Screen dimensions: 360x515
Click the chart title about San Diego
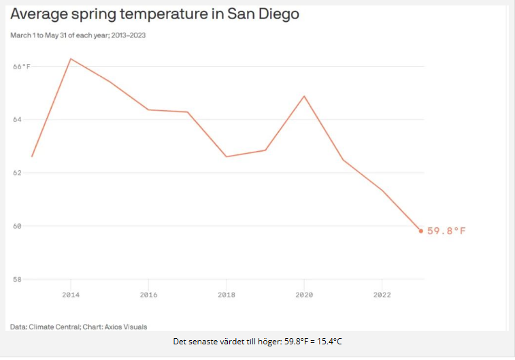(155, 14)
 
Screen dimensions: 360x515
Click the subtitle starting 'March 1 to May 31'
(78, 35)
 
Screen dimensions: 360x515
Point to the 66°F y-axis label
(22, 66)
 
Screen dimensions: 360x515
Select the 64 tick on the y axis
(18, 119)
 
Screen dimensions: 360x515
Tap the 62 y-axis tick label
(18, 172)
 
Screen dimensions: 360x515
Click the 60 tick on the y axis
(18, 226)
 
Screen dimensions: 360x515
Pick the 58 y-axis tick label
(18, 279)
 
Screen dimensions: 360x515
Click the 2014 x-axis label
(71, 295)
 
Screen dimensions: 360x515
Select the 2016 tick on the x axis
(148, 295)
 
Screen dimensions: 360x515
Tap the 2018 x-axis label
(227, 295)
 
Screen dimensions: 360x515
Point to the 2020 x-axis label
(304, 295)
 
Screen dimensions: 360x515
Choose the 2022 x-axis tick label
(382, 295)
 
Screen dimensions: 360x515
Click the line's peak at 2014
(71, 59)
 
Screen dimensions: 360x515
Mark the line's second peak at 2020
(304, 96)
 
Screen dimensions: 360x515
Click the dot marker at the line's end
(421, 231)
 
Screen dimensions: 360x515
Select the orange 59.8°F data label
(446, 231)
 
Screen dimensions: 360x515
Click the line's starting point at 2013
(32, 157)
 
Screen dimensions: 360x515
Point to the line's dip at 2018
(227, 157)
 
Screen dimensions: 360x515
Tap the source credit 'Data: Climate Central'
(78, 327)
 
